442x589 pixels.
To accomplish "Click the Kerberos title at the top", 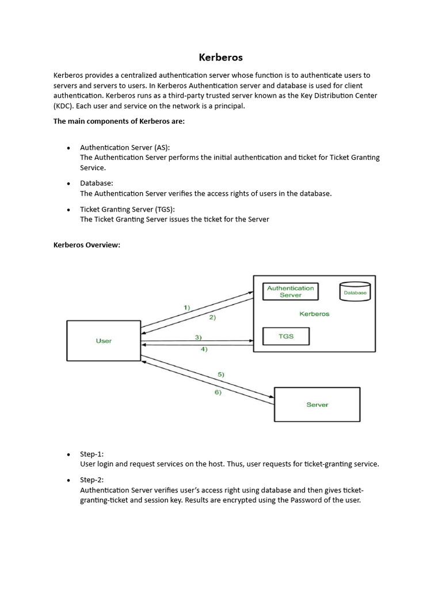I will click(x=221, y=58).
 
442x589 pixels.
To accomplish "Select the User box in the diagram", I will click(x=104, y=341).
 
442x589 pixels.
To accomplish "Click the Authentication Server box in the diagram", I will click(x=291, y=292).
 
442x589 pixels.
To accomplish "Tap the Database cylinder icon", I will click(x=355, y=292).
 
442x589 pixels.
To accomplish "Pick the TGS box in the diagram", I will click(x=286, y=336).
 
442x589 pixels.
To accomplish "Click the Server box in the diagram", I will click(x=317, y=404).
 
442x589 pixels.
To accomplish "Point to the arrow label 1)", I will click(x=187, y=308).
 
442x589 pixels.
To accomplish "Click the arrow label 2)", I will click(x=212, y=318).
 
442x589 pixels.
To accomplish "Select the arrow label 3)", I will click(x=198, y=337).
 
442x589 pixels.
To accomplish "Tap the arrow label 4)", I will click(x=204, y=349).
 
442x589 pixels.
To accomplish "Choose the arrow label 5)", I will click(x=221, y=374).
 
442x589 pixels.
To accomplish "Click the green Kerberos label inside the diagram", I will click(x=314, y=314).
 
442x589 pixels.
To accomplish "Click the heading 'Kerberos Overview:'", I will click(x=87, y=245).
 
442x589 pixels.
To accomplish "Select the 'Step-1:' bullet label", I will click(x=92, y=454).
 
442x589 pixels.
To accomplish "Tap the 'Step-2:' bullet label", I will click(x=92, y=480).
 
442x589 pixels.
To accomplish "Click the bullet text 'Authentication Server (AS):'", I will click(x=125, y=147).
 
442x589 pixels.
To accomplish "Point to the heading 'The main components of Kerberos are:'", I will click(x=119, y=121).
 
